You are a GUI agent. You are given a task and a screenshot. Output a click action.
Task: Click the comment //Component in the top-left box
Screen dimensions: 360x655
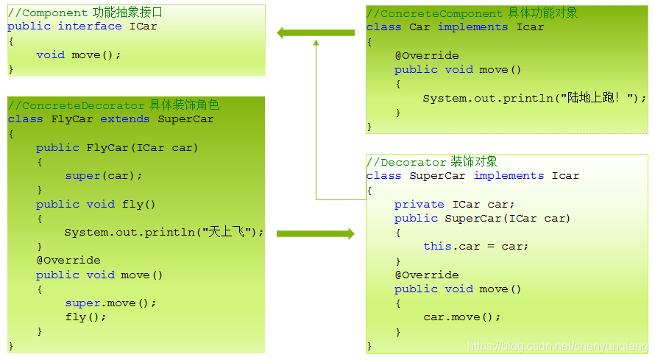coord(47,13)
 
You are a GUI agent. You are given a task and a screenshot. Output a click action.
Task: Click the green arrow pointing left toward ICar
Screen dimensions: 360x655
coord(316,32)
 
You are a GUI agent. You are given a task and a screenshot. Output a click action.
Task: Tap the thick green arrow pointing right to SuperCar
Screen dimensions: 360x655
coord(316,233)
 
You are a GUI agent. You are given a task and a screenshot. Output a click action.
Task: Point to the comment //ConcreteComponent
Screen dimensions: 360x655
coord(436,13)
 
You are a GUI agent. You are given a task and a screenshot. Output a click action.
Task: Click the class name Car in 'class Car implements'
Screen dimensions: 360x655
coord(419,27)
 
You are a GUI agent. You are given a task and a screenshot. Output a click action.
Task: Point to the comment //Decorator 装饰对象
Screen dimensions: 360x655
coord(431,162)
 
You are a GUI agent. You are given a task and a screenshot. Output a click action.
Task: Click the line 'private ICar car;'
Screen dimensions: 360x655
coord(454,205)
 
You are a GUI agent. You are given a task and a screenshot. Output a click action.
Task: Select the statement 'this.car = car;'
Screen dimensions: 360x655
coord(475,247)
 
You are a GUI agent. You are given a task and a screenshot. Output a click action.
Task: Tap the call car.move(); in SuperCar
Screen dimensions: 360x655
coord(461,317)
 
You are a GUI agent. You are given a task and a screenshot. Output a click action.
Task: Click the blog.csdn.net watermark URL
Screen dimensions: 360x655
coord(557,346)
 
